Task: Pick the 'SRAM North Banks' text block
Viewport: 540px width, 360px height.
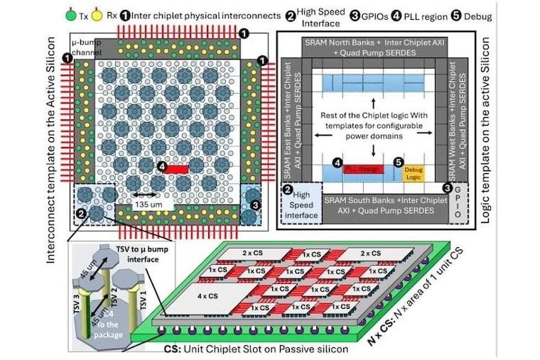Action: (x=374, y=47)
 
